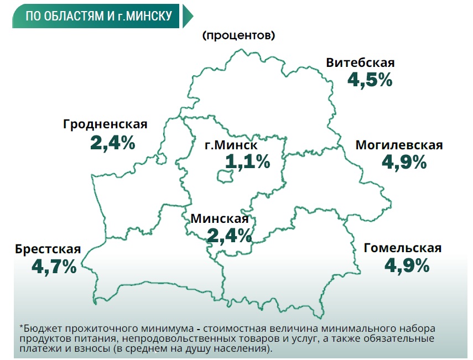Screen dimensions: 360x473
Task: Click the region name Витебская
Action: point(360,62)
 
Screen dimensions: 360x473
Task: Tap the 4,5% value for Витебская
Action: point(370,80)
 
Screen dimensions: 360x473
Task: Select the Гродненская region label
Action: point(105,124)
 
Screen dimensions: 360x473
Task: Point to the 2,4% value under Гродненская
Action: point(112,143)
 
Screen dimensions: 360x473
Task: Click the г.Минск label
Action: point(231,146)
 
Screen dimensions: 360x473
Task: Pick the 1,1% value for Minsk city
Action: point(247,162)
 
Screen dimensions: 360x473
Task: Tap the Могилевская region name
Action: point(399,145)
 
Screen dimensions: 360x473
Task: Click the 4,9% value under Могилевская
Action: point(404,162)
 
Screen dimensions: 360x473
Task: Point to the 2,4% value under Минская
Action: point(230,236)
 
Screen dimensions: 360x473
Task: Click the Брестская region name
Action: point(48,249)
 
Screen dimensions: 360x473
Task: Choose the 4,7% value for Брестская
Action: point(54,267)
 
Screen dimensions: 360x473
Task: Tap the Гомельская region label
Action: point(403,248)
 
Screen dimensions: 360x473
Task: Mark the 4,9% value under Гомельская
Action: point(407,265)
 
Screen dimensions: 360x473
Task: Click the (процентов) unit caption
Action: point(239,36)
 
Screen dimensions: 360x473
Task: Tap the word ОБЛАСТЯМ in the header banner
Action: point(70,17)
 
